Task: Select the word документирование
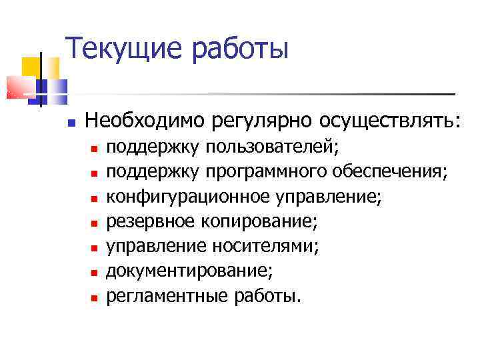click(x=190, y=271)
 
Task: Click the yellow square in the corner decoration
click(x=32, y=67)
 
